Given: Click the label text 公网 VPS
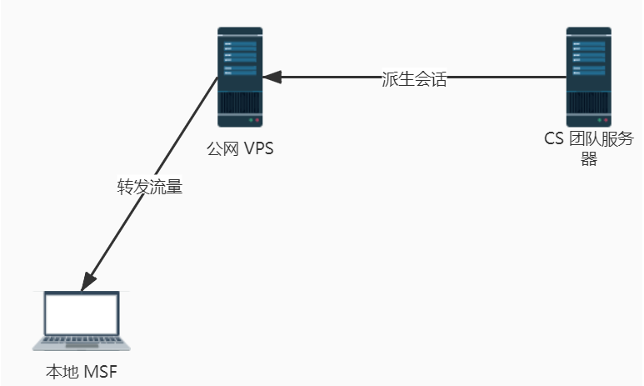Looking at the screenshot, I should [x=240, y=150].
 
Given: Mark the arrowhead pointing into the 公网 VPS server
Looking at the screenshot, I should [x=272, y=78].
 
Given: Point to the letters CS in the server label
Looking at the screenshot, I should [x=553, y=139].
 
